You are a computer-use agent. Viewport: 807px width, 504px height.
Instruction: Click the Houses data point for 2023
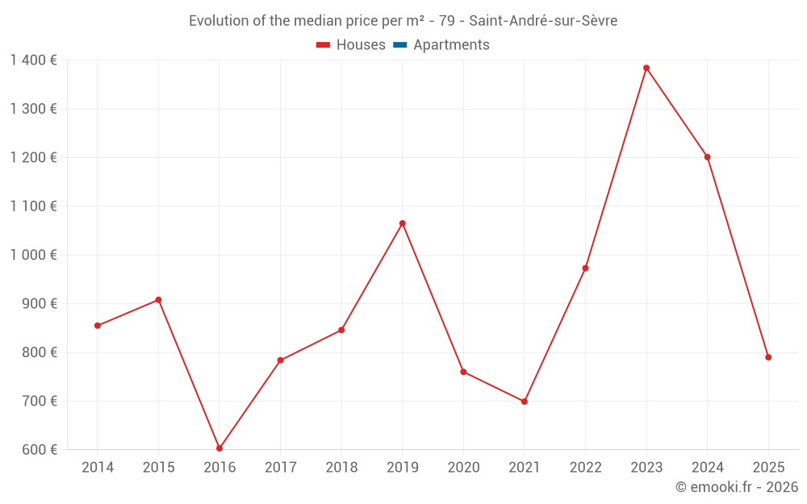click(x=646, y=68)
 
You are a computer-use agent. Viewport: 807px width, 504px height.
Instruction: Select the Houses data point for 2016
click(x=220, y=448)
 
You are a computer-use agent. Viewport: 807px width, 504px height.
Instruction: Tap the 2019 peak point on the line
click(x=402, y=223)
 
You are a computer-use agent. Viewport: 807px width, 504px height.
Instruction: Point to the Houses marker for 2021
click(x=525, y=402)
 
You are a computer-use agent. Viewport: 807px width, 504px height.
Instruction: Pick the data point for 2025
click(x=768, y=357)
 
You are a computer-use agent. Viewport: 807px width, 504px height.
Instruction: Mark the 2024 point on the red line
click(x=708, y=157)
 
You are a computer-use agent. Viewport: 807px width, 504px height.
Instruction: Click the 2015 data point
click(x=158, y=300)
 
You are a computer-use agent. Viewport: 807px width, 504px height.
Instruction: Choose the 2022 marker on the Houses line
click(x=585, y=268)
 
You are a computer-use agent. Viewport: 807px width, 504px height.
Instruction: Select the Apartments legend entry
click(x=451, y=45)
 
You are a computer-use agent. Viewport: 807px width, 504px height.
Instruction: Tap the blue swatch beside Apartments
click(x=399, y=45)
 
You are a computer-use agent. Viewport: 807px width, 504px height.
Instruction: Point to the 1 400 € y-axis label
click(x=33, y=60)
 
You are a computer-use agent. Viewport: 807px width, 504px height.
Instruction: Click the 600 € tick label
click(x=39, y=449)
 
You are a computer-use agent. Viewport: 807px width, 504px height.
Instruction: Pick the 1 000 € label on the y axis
click(x=33, y=255)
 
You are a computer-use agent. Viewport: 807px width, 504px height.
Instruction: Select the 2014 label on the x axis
click(x=98, y=468)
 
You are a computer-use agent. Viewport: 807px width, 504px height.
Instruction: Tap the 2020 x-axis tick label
click(x=463, y=468)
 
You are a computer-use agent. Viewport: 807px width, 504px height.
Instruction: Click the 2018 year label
click(x=341, y=468)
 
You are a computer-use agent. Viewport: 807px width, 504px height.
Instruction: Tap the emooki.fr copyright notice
click(x=737, y=487)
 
